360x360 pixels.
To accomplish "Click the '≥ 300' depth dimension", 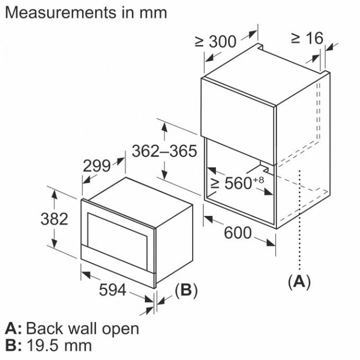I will (215, 41).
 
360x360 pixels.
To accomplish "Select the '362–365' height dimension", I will (164, 151).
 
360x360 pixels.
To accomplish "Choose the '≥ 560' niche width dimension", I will (232, 183).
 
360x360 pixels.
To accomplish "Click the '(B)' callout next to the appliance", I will (186, 290).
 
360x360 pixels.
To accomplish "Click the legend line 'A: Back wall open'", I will (71, 328).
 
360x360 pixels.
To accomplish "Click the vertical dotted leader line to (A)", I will (300, 222).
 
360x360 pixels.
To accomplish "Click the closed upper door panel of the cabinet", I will (238, 105).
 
